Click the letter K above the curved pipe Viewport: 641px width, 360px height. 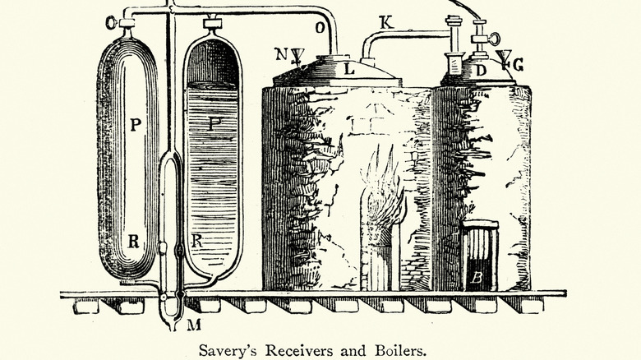(x=387, y=23)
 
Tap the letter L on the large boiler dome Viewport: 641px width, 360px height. (x=349, y=69)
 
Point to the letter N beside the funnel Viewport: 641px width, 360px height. (x=280, y=55)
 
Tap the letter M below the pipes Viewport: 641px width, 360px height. (x=195, y=324)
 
